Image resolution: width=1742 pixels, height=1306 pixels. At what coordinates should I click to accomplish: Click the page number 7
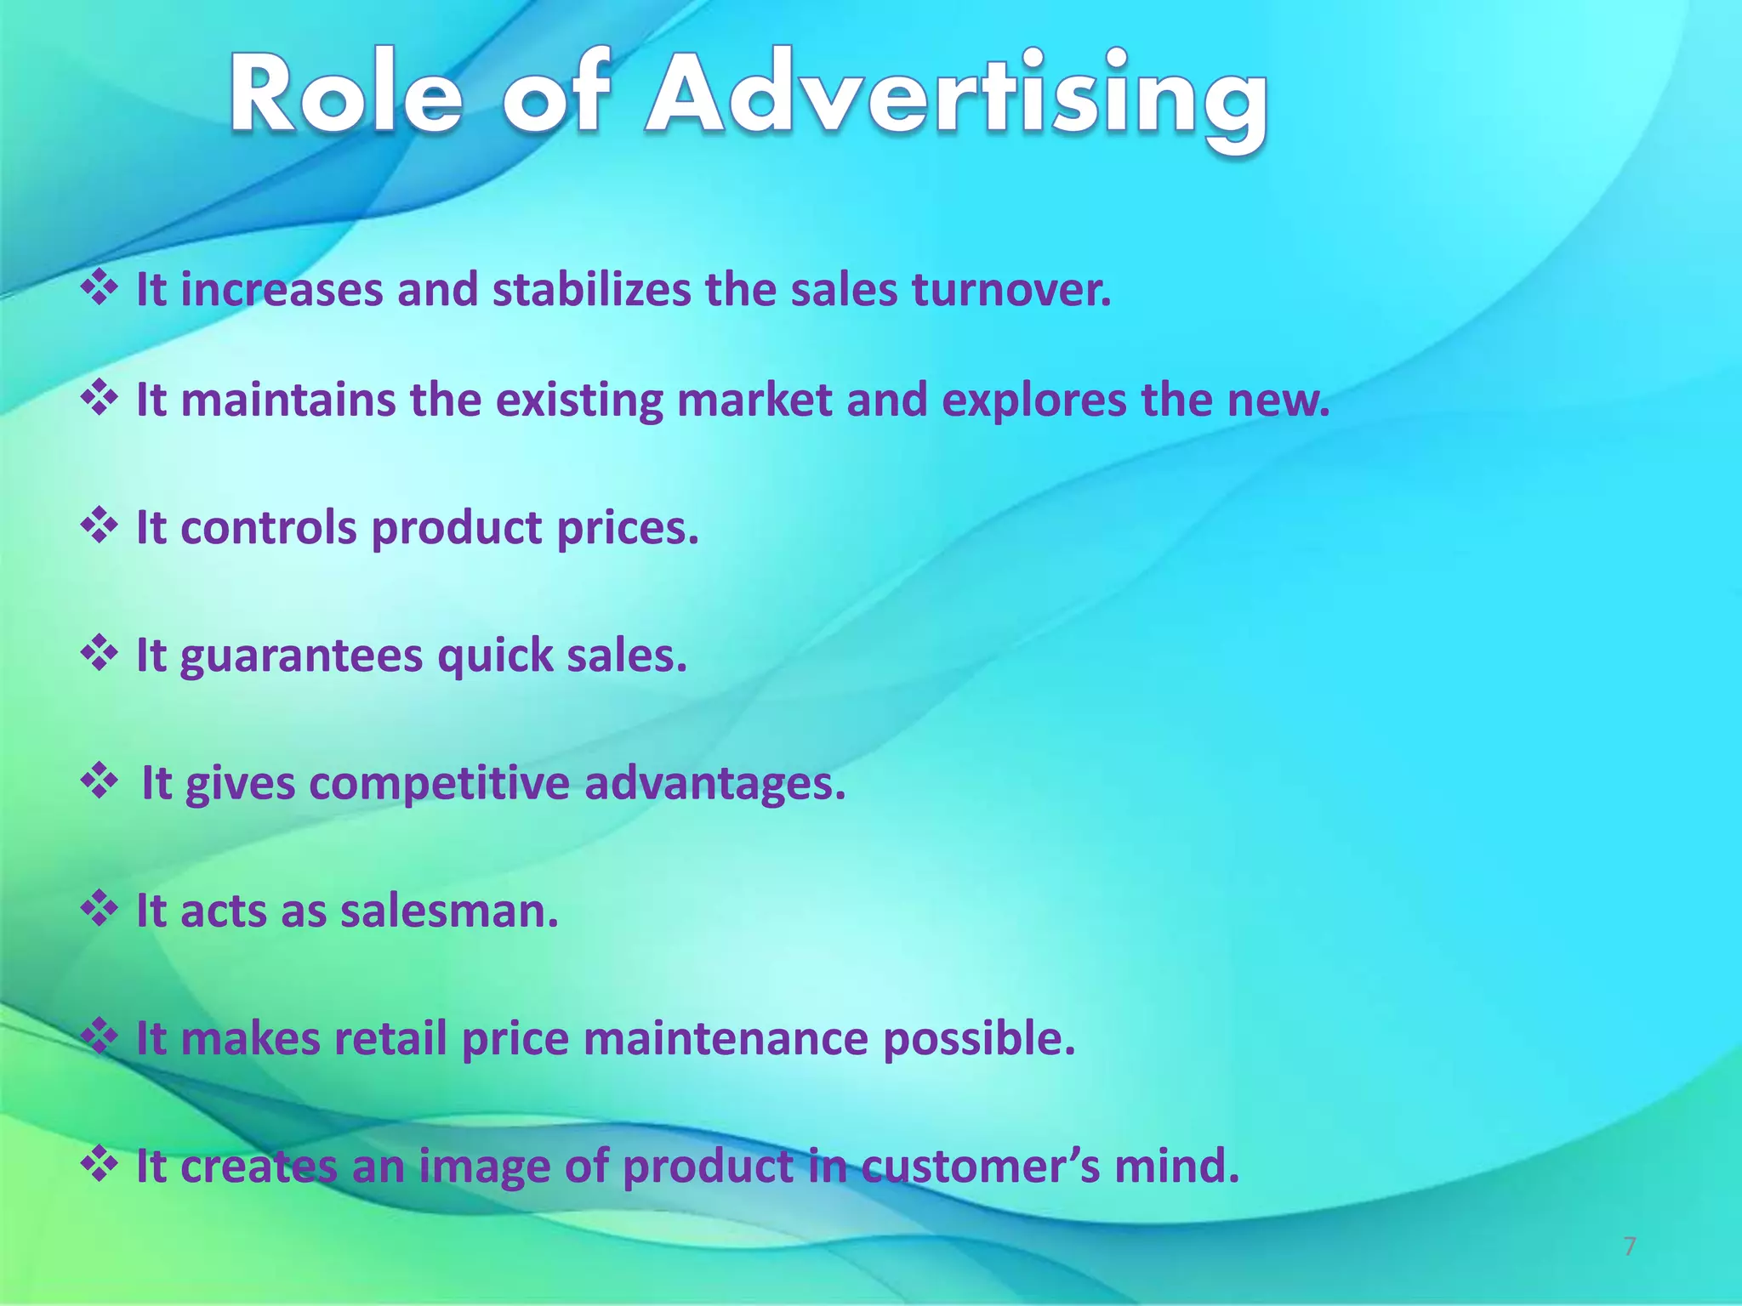pos(1629,1246)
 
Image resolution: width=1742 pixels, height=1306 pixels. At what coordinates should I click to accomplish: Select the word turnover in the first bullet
pos(1011,290)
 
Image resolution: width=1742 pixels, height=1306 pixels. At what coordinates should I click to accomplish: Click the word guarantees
pos(301,656)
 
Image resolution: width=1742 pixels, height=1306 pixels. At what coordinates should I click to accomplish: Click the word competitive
pos(439,783)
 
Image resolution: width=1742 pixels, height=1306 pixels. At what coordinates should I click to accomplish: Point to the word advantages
pos(714,783)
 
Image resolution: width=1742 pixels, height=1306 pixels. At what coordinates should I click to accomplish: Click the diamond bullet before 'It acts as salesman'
pos(99,909)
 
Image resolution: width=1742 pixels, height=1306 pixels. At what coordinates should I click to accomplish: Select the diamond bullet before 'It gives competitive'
pos(99,781)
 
